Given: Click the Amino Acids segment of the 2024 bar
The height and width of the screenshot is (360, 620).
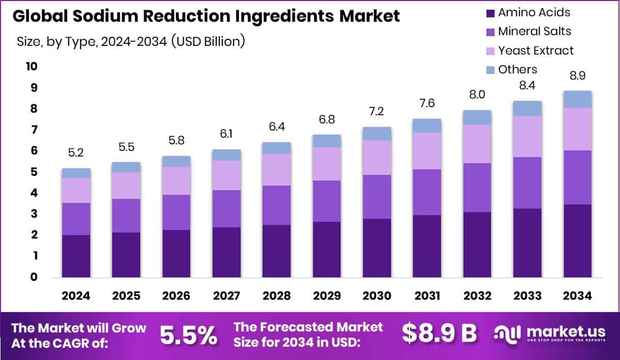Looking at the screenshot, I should [76, 256].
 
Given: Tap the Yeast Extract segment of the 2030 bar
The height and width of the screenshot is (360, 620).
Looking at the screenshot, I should [377, 158].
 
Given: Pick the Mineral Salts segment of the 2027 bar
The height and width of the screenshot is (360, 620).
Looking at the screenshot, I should [226, 209].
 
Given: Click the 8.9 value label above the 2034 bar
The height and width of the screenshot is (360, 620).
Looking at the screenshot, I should [578, 76].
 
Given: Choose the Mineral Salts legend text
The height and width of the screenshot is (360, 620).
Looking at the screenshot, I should [534, 31].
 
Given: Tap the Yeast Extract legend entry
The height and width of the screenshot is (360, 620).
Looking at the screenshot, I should [535, 50].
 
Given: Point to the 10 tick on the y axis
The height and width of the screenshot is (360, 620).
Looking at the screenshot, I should [31, 67].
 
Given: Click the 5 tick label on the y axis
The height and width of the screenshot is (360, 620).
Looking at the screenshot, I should [34, 172].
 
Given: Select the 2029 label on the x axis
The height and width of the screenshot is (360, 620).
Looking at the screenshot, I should [327, 296].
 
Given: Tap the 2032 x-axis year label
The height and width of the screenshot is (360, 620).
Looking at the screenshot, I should [477, 296].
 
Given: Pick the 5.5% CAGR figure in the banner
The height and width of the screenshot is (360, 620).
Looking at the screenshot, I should [189, 335].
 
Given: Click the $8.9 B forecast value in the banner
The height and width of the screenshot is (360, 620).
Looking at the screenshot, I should [439, 333].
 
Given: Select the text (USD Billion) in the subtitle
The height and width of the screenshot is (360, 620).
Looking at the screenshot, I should [208, 41].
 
